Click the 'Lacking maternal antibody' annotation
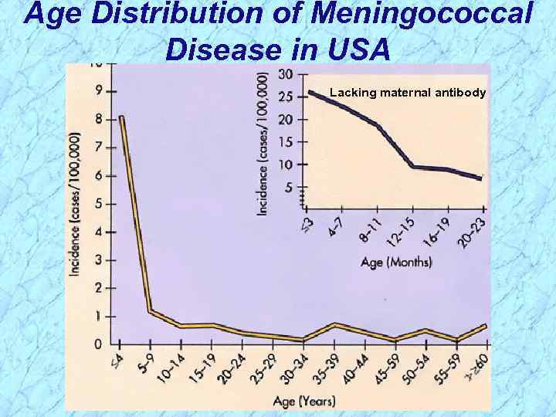[x=408, y=93]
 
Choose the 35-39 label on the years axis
[x=327, y=369]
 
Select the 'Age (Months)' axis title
[x=396, y=262]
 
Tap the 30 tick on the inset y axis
[x=286, y=74]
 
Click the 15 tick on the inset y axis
[x=286, y=142]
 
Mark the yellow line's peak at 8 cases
[x=122, y=117]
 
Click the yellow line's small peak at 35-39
[x=334, y=325]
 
